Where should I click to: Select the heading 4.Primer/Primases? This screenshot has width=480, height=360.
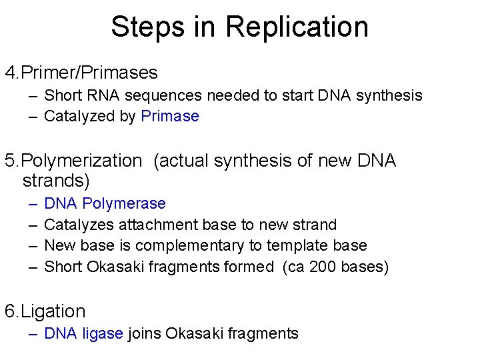coord(81,72)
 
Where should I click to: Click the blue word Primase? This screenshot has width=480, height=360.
coord(170,117)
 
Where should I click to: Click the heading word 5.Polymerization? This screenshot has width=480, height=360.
coord(73,161)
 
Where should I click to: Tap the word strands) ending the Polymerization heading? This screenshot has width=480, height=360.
coord(56,181)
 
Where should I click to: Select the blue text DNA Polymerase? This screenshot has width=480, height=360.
coord(105,203)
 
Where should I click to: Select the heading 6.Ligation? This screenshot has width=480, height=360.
coord(45,311)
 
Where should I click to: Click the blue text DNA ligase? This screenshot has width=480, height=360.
coord(83,333)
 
